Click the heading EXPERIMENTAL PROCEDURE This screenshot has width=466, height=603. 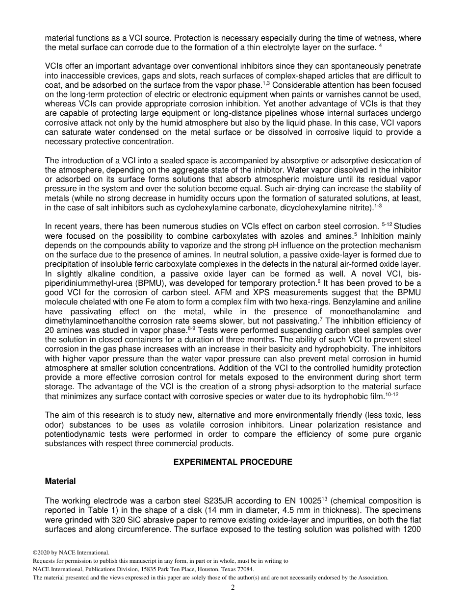pyautogui.click(x=233, y=462)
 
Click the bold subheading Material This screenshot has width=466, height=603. pyautogui.click(x=60, y=481)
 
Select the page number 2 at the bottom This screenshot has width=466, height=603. pyautogui.click(x=233, y=588)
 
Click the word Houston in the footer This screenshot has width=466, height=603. pyautogui.click(x=202, y=569)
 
